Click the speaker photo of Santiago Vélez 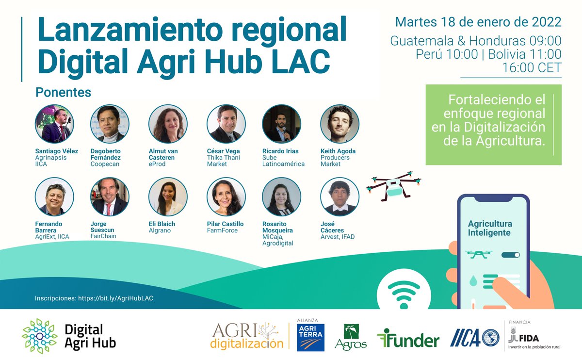54,124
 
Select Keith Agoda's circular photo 339,124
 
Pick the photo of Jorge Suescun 110,196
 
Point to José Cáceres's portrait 339,196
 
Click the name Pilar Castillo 225,224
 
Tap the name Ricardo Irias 281,151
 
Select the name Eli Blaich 162,224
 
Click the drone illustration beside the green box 393,186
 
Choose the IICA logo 475,338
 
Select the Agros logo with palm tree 351,337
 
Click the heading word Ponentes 64,92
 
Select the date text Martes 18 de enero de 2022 478,22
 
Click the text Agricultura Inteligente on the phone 489,229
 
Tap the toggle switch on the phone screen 510,255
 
